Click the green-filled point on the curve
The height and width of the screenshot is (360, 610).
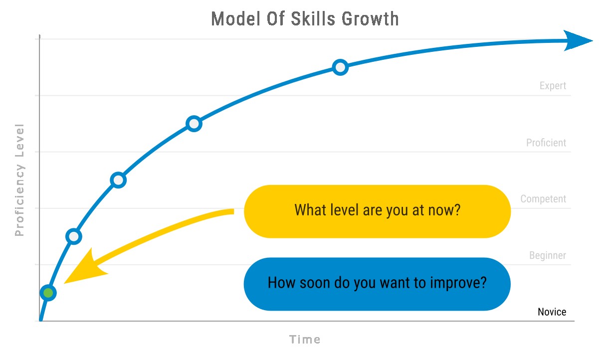(48, 293)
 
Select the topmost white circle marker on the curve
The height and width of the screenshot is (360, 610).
(340, 67)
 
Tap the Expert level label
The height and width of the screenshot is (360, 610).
(553, 86)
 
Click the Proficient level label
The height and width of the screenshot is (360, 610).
(546, 143)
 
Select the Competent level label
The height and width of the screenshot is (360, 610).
(543, 199)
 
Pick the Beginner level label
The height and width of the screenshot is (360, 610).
(548, 255)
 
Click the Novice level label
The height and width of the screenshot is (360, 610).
(552, 312)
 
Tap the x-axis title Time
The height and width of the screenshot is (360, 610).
(305, 340)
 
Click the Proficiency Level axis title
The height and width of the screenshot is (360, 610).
(19, 180)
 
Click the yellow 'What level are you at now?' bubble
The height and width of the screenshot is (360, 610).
(377, 211)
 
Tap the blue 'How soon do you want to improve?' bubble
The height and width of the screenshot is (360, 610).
(377, 284)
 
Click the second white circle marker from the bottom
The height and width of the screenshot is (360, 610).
(118, 180)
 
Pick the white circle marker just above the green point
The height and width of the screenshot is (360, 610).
(74, 236)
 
